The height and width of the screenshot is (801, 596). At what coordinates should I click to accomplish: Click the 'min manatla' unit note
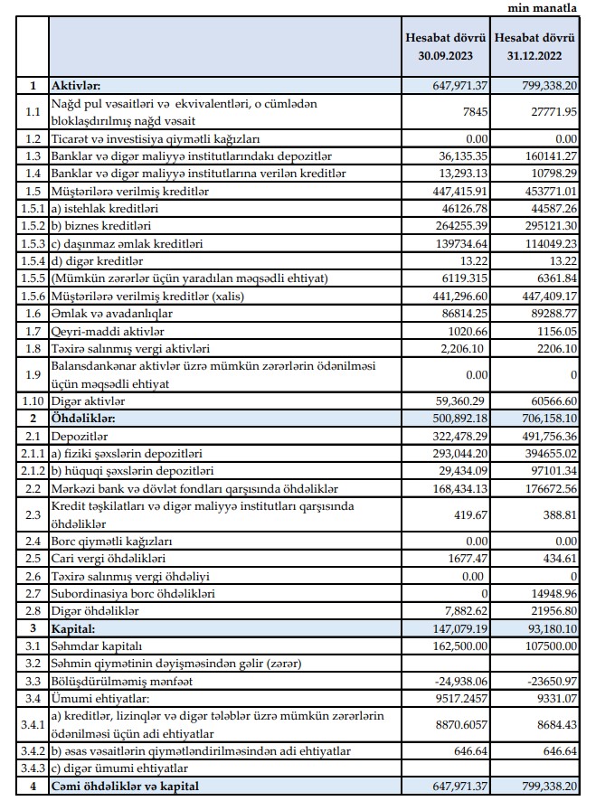546,8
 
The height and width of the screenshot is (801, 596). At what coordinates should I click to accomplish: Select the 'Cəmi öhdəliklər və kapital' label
126,786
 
